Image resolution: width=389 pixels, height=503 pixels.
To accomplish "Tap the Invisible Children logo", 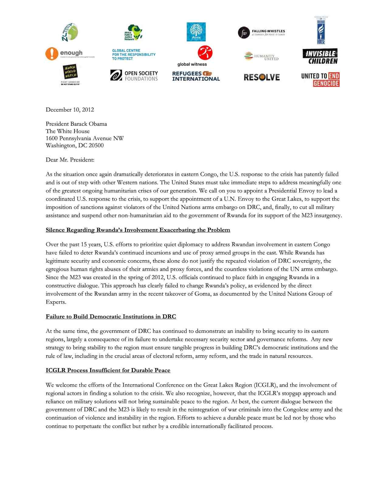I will pos(320,56).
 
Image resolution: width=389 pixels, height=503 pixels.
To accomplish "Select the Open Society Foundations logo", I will pos(134,76).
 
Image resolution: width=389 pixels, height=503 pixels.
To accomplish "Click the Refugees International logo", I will pos(196,76).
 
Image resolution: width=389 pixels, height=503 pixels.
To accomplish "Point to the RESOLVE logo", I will pos(262,77).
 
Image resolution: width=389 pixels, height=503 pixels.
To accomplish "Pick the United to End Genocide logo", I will pos(320,80).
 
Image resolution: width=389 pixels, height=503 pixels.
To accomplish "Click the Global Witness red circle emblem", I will pos(205,53).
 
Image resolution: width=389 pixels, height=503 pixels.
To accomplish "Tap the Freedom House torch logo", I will pos(321,30).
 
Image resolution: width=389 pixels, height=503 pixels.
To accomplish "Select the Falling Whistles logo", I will pos(261,33).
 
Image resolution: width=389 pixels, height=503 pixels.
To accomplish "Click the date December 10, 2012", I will pos(70,110).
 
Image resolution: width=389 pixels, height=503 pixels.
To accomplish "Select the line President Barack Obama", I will pos(76,124).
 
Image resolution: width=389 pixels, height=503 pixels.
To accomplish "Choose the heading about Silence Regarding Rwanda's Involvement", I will pos(138,230).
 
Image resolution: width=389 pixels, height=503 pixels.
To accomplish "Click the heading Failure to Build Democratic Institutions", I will pos(111,317).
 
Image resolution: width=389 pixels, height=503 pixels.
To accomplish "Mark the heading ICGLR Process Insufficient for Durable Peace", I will pos(108,370).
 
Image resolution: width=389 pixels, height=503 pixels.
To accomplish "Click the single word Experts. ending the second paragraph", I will pos(56,302).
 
